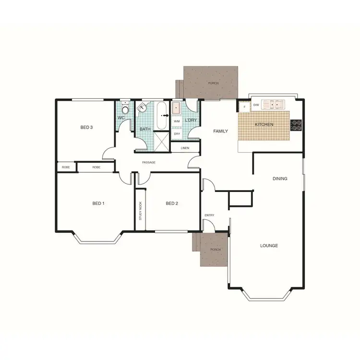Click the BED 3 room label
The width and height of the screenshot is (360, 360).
click(x=86, y=127)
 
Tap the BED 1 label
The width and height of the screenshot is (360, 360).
click(x=98, y=204)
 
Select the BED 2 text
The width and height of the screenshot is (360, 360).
click(x=172, y=204)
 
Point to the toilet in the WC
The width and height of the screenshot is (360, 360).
click(x=125, y=109)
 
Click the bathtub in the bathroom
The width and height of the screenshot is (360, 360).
click(x=161, y=115)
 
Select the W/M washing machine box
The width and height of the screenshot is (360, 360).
click(x=177, y=121)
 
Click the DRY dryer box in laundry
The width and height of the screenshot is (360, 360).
click(x=177, y=134)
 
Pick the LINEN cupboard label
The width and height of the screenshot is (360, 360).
click(x=185, y=148)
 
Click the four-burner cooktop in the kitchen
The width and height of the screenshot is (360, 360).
click(x=296, y=124)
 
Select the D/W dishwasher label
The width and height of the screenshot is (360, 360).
click(x=256, y=105)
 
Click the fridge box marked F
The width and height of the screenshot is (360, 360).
click(x=244, y=107)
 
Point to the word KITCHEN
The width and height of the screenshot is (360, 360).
click(x=264, y=125)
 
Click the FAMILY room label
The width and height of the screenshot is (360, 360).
click(x=220, y=131)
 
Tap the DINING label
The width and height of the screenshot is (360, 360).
click(x=280, y=179)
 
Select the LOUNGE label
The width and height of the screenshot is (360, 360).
click(x=269, y=246)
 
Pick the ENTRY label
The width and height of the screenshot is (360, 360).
click(x=209, y=215)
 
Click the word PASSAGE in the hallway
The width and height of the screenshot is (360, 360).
click(x=149, y=163)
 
